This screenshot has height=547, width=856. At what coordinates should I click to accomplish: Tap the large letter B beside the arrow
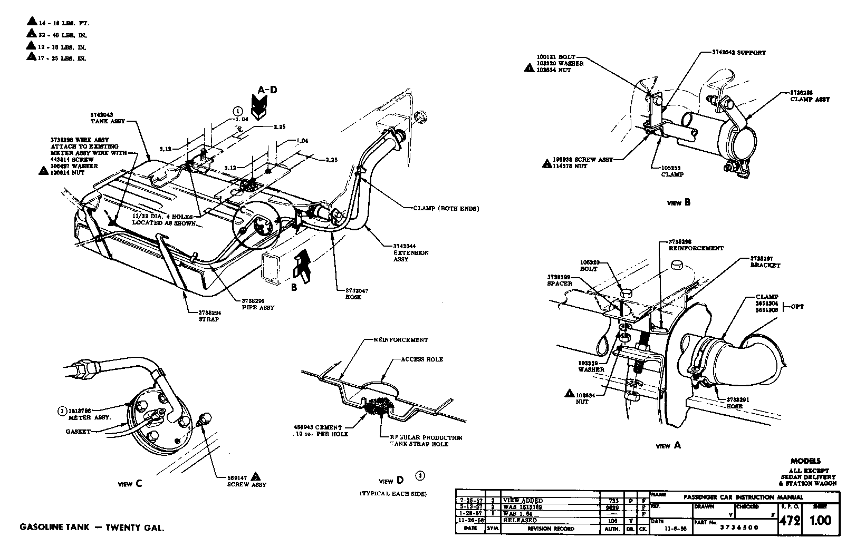click(x=294, y=287)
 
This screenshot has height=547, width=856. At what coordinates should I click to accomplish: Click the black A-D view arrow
click(x=259, y=109)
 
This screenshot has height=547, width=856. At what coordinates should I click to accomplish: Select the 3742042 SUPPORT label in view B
click(x=735, y=53)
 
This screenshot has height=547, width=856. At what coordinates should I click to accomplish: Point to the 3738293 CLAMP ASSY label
click(x=810, y=95)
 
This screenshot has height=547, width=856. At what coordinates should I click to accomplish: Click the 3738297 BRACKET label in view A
click(x=765, y=262)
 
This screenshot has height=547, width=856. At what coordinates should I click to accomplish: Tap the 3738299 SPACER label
click(x=560, y=280)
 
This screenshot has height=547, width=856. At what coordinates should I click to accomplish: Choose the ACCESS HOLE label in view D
click(x=422, y=359)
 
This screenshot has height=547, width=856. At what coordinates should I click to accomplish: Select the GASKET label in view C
click(x=79, y=431)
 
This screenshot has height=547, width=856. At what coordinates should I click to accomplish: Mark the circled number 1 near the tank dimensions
click(x=238, y=111)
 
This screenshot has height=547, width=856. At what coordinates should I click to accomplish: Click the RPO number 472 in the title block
click(x=790, y=521)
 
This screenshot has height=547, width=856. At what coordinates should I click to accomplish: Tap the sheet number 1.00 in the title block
click(x=820, y=521)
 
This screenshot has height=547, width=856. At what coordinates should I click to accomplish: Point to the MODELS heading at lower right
click(x=805, y=461)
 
